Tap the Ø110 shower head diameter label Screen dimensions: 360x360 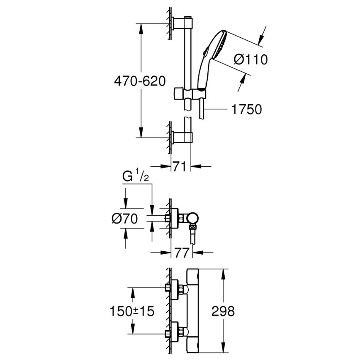251,60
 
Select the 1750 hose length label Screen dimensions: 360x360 246,109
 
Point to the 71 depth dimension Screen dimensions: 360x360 179,167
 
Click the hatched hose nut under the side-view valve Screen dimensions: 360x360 192,227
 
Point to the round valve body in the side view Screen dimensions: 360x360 192,217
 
